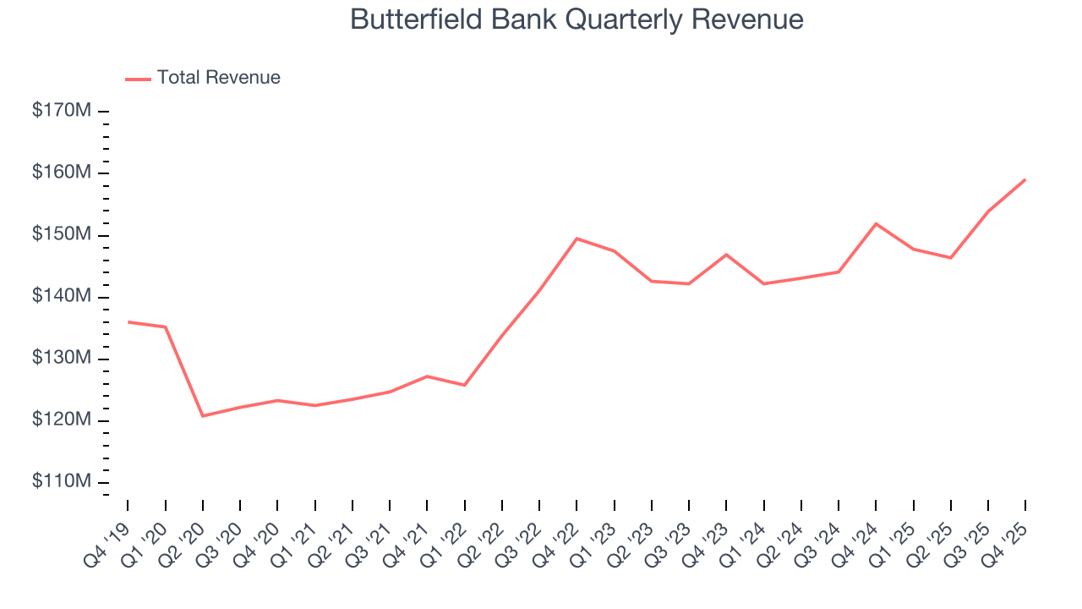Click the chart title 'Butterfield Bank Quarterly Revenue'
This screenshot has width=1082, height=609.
point(577,19)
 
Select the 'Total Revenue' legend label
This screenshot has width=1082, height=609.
point(218,78)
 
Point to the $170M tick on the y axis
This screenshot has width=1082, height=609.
point(62,111)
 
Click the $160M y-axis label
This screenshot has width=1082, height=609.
point(62,173)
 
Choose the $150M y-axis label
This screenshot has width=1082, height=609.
point(62,235)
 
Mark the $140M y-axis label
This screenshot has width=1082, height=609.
point(62,297)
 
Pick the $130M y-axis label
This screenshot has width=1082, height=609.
point(62,359)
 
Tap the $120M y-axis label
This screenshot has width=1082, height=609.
point(62,420)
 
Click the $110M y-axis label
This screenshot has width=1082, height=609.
point(62,482)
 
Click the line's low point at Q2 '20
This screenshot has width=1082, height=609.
point(203,415)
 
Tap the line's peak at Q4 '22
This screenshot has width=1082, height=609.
point(577,239)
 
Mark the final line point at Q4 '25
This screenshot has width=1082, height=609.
point(1025,179)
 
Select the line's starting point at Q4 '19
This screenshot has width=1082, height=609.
point(128,321)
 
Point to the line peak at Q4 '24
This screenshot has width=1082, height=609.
point(876,223)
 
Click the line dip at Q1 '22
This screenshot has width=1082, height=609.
point(464,385)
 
